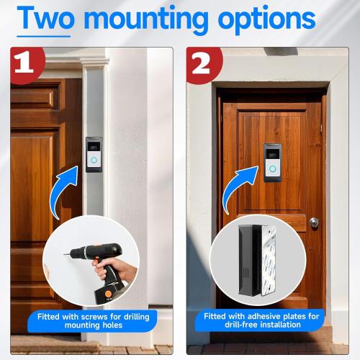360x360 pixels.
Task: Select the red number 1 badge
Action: point(26,63)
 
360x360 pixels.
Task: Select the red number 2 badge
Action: point(202,63)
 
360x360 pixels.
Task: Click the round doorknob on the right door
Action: point(314,222)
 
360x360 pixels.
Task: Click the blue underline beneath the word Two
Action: point(44,34)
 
